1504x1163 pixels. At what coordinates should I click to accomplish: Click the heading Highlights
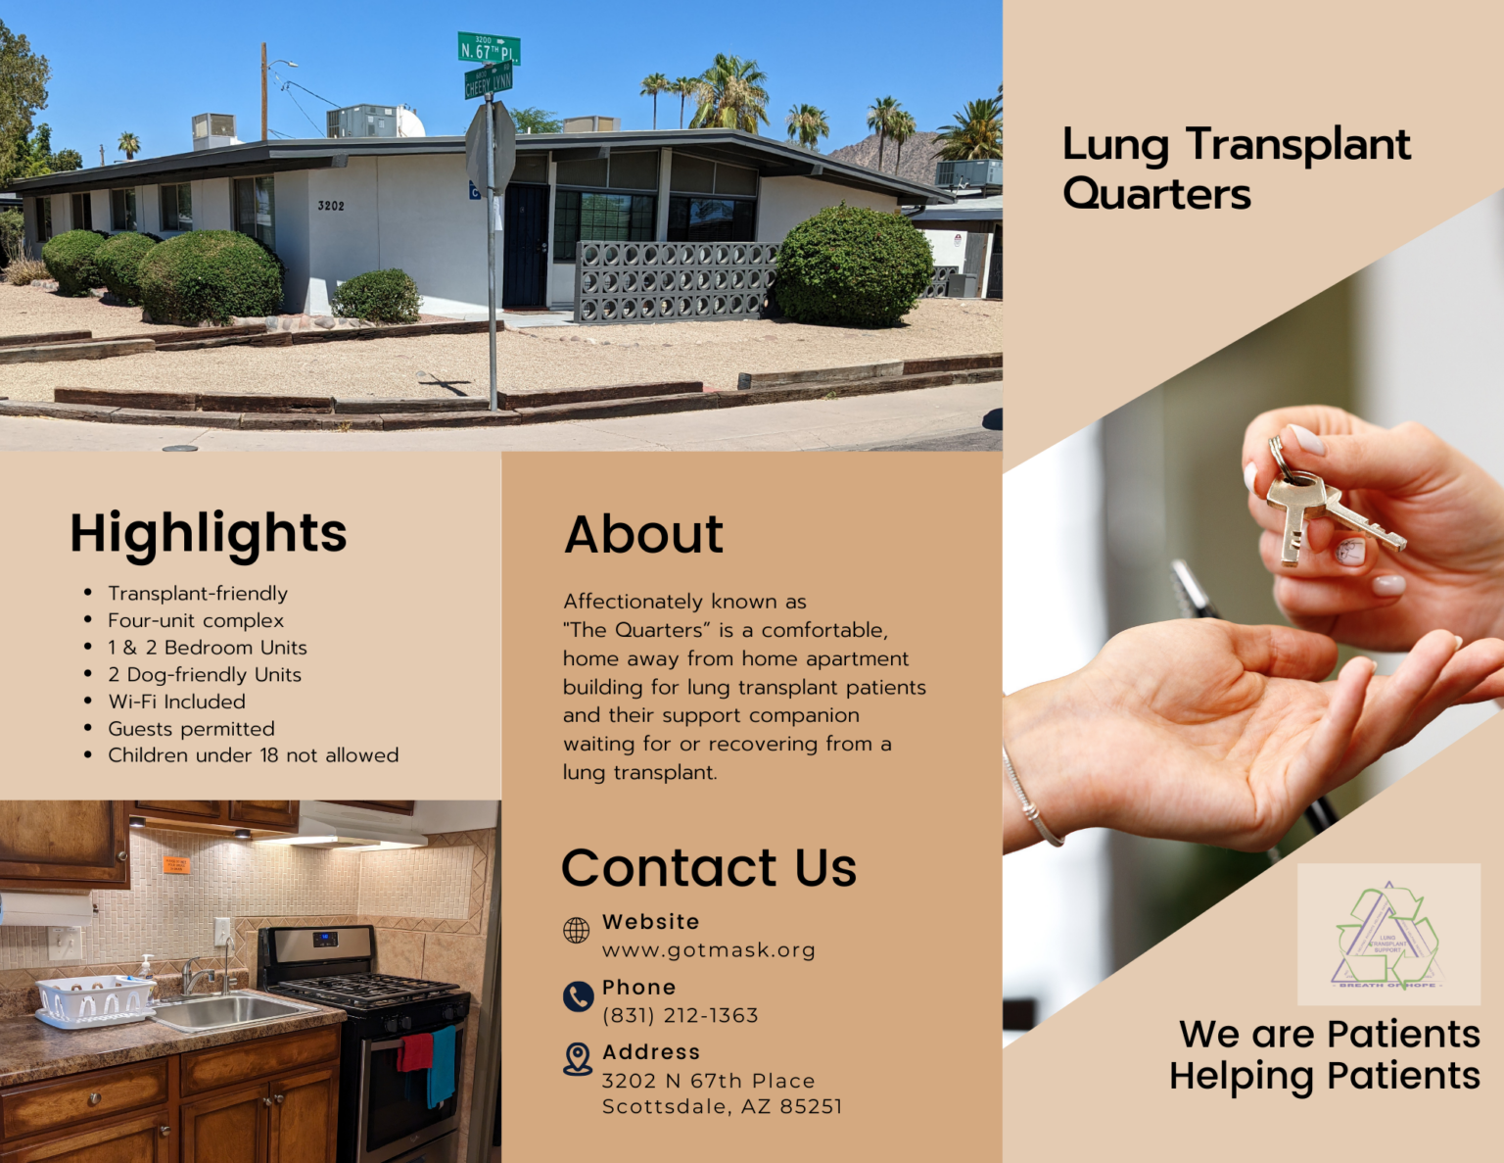(208, 533)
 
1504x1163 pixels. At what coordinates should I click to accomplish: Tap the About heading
(643, 535)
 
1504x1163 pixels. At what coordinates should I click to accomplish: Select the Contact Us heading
(708, 868)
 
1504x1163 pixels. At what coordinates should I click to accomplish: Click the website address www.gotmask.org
(708, 950)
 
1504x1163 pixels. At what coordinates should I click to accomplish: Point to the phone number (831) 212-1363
(680, 1016)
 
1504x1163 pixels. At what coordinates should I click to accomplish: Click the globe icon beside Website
(577, 930)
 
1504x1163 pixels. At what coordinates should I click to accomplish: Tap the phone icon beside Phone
(578, 996)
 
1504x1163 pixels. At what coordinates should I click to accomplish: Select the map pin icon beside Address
(578, 1059)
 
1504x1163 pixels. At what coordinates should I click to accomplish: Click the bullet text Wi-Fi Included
(176, 702)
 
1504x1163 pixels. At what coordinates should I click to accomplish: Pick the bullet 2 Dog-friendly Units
(204, 675)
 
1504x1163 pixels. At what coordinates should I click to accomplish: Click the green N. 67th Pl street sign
(489, 49)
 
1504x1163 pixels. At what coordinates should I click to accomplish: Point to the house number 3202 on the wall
(331, 206)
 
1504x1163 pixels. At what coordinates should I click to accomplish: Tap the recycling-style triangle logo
(1387, 935)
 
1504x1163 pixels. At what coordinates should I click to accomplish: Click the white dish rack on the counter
(95, 999)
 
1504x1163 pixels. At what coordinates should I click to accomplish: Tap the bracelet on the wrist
(1030, 799)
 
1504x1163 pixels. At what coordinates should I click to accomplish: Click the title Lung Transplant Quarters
(1236, 168)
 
